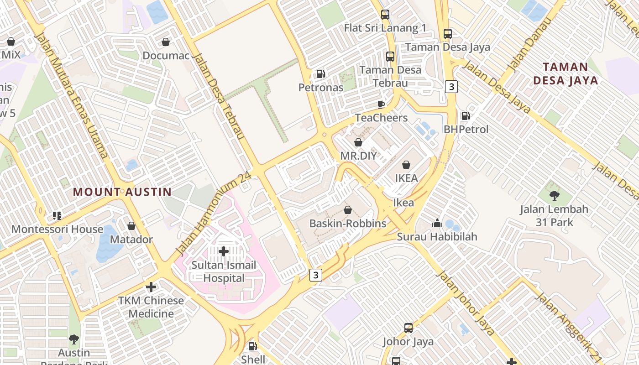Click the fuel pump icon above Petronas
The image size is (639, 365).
click(x=321, y=74)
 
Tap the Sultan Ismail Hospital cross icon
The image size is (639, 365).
click(x=224, y=251)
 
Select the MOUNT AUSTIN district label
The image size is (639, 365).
click(x=122, y=192)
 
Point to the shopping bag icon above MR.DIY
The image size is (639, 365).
click(x=358, y=142)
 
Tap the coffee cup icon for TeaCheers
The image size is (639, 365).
click(x=381, y=104)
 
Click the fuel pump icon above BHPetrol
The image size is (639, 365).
click(x=466, y=116)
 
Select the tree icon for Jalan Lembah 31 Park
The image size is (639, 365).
click(x=554, y=196)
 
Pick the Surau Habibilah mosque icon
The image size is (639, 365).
click(x=437, y=224)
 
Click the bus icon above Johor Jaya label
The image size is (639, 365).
click(x=409, y=328)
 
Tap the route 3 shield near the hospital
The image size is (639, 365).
click(x=315, y=275)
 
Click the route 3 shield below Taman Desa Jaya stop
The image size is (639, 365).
click(x=451, y=86)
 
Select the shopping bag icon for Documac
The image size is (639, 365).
click(x=166, y=42)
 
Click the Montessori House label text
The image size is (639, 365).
click(x=58, y=229)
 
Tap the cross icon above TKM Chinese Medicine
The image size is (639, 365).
click(x=151, y=287)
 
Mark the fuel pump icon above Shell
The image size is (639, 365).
click(x=253, y=346)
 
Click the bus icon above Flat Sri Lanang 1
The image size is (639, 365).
click(x=385, y=15)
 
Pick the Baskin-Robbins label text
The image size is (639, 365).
click(x=348, y=224)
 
